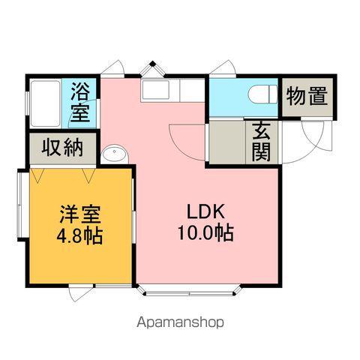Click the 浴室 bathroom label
81,104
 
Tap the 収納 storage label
64,148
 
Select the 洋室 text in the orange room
79,212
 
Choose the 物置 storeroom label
307,96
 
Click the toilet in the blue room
260,94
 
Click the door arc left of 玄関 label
187,139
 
